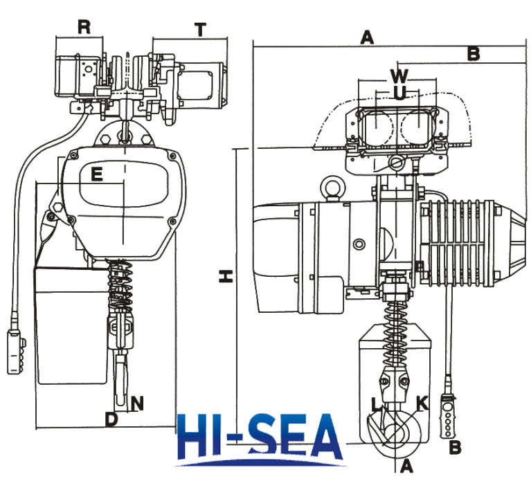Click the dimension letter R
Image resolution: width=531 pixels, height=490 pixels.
84,27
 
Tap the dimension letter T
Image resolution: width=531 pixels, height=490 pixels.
201,30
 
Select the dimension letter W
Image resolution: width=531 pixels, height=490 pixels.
399,76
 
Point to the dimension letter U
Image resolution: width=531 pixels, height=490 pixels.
400,93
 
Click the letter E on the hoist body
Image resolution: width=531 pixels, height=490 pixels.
97,174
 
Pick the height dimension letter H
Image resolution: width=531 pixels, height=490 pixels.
226,276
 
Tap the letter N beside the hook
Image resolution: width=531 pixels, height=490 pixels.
137,403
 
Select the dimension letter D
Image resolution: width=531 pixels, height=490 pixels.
111,419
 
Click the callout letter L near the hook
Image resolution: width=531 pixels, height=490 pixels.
376,405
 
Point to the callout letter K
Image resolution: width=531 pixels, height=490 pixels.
422,403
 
